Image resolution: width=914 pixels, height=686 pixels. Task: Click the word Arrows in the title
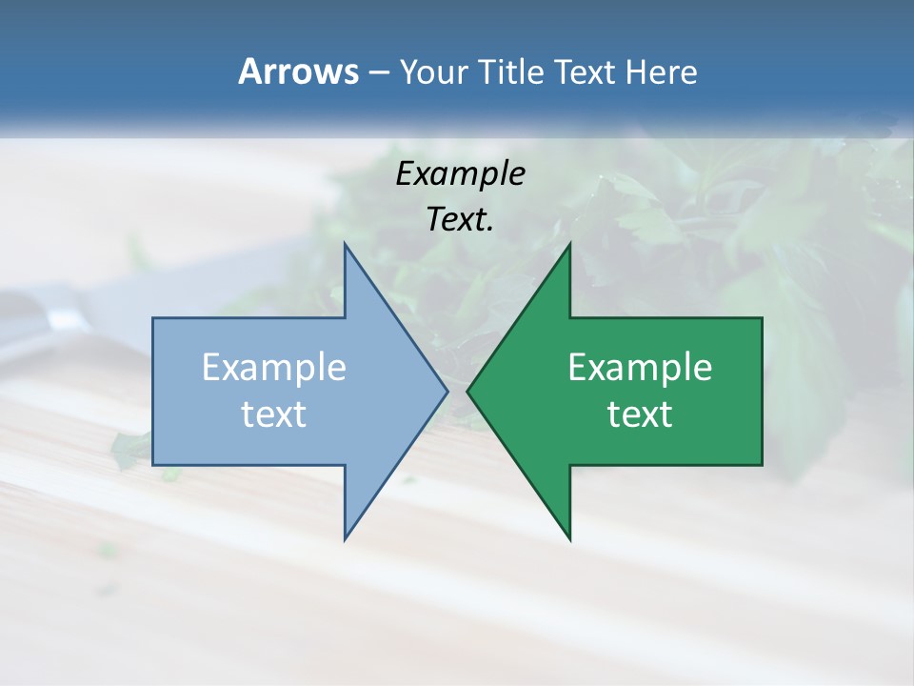click(298, 72)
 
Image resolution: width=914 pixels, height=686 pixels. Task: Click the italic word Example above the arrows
click(460, 173)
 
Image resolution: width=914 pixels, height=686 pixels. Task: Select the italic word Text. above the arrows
click(460, 219)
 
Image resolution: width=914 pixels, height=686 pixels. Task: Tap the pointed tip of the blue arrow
click(447, 391)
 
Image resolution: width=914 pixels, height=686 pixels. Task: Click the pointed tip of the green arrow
click(468, 391)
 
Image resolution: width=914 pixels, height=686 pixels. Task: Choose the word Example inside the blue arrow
click(273, 368)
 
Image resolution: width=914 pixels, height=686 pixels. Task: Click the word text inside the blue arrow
click(273, 414)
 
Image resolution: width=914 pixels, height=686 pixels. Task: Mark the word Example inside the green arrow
click(640, 368)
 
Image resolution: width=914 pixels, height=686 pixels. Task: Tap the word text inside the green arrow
click(640, 414)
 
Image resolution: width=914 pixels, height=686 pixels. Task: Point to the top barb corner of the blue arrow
click(346, 245)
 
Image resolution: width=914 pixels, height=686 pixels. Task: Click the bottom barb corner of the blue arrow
click(346, 538)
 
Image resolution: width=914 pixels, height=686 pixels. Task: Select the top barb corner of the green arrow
click(569, 245)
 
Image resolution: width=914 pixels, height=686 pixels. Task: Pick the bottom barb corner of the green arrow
click(569, 538)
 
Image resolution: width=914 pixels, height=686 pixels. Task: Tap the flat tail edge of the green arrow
click(762, 391)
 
